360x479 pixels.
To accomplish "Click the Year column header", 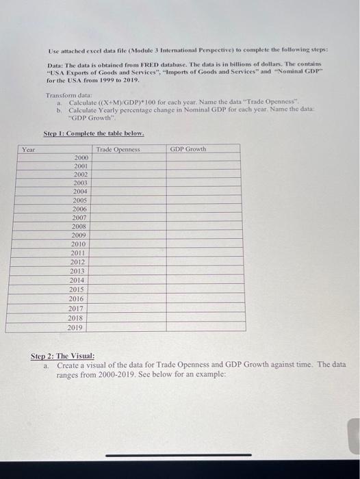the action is (x=28, y=148).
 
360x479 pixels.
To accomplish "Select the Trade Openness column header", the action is (x=118, y=148).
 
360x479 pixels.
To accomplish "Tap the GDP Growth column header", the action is (x=188, y=148).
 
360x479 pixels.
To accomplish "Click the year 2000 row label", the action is (x=80, y=157).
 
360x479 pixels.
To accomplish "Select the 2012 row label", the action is (x=78, y=262).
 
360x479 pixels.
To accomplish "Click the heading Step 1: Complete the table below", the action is (x=94, y=133).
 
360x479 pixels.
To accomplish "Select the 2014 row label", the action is (x=78, y=281).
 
